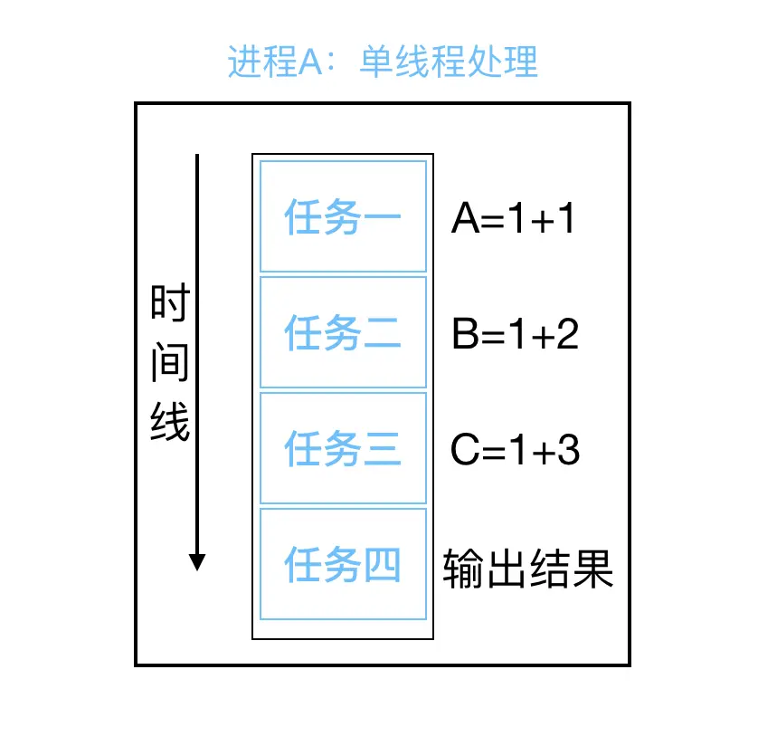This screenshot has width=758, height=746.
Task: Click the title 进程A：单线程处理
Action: [x=383, y=62]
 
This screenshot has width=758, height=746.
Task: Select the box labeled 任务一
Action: [x=343, y=216]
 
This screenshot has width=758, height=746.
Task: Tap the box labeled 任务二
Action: [x=343, y=332]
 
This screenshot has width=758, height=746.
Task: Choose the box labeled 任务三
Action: [x=343, y=448]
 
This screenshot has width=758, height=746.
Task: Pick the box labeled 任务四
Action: [x=343, y=564]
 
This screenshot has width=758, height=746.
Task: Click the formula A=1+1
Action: [x=513, y=219]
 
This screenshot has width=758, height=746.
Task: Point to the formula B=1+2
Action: [x=515, y=335]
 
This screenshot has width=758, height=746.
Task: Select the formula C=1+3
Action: [x=515, y=450]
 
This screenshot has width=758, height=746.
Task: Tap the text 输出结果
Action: [x=528, y=569]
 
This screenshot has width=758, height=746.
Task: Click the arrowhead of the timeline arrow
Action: [x=197, y=561]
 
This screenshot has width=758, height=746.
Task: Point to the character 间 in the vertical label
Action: [x=169, y=362]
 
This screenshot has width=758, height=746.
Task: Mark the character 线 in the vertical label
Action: [x=169, y=421]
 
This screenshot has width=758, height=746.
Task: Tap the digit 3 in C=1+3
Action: [x=567, y=450]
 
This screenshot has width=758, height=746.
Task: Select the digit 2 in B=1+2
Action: [x=567, y=335]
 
